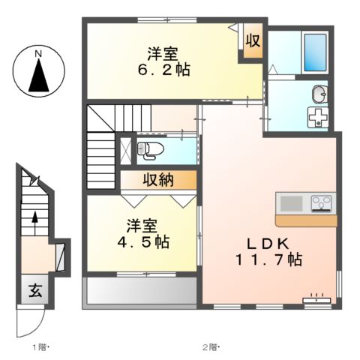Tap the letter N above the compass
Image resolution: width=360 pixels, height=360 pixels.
click(x=38, y=53)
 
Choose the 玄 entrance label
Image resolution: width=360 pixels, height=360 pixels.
click(x=34, y=292)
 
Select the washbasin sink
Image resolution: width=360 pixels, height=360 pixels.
click(x=319, y=94)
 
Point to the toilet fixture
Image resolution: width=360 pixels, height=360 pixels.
click(x=149, y=148)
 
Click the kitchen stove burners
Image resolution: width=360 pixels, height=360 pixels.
click(x=321, y=202)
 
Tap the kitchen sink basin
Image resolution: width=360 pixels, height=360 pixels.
click(x=290, y=202)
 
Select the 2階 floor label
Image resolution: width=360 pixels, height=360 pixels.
click(x=209, y=347)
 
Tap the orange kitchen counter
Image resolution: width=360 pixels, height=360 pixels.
click(x=304, y=220)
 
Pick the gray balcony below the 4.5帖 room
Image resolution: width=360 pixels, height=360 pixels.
click(x=139, y=291)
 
